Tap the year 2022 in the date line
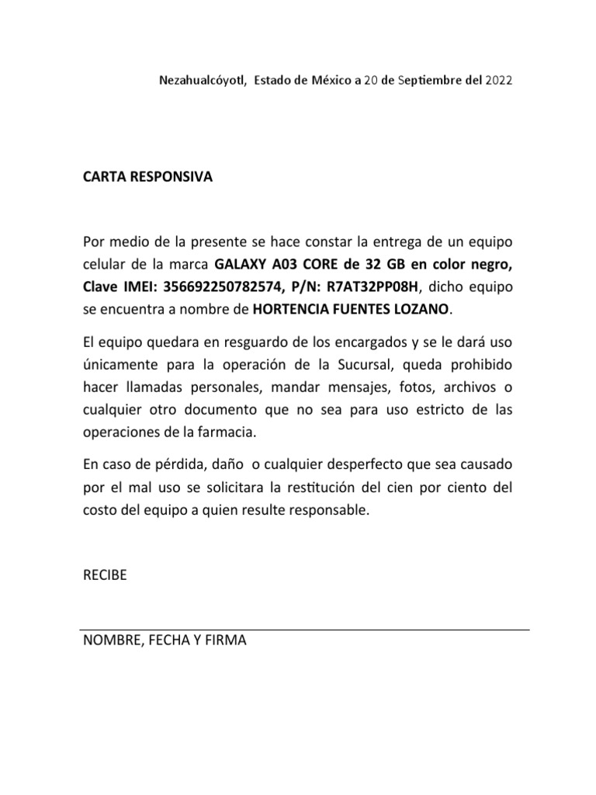click(498, 80)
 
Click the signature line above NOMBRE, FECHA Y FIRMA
click(305, 629)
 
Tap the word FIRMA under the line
click(225, 641)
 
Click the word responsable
click(328, 512)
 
